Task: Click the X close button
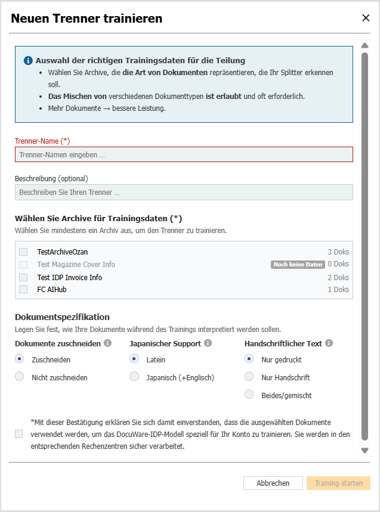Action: pyautogui.click(x=366, y=18)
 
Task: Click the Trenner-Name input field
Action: pyautogui.click(x=184, y=155)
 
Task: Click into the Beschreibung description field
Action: pyautogui.click(x=184, y=193)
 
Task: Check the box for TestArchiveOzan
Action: pyautogui.click(x=23, y=252)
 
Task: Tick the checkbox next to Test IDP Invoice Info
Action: pyautogui.click(x=23, y=277)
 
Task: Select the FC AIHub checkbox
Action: pyautogui.click(x=23, y=290)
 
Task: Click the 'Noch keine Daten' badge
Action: pyautogui.click(x=298, y=265)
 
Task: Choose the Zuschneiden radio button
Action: pyautogui.click(x=20, y=359)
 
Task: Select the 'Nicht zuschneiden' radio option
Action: pyautogui.click(x=20, y=377)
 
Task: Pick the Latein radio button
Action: pyautogui.click(x=134, y=359)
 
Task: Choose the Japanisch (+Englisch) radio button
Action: pyautogui.click(x=134, y=377)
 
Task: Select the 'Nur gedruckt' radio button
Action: pyautogui.click(x=249, y=359)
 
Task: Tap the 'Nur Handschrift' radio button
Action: pyautogui.click(x=249, y=377)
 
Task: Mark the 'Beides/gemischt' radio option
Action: pyautogui.click(x=249, y=395)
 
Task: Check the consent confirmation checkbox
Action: pyautogui.click(x=20, y=434)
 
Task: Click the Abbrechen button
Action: pyautogui.click(x=273, y=483)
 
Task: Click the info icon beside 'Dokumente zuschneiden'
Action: pyautogui.click(x=107, y=343)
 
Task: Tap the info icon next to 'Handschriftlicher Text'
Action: pyautogui.click(x=329, y=343)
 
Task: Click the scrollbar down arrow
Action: pyautogui.click(x=365, y=451)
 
